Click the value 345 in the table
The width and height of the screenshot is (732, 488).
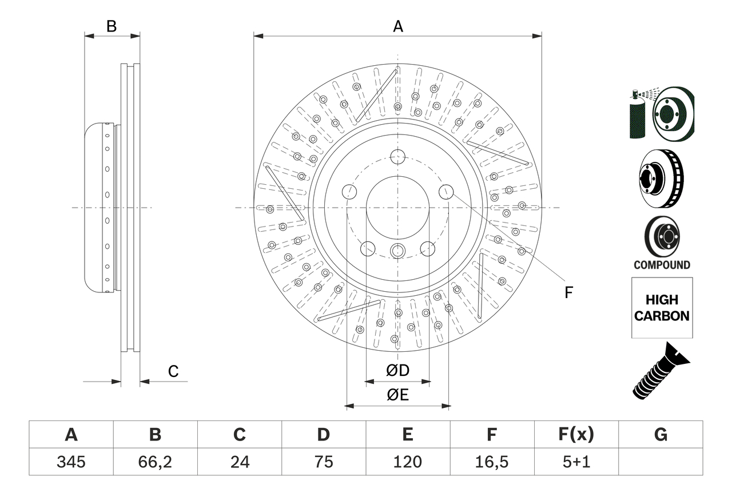tap(71, 462)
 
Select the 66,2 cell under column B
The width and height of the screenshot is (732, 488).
tap(155, 462)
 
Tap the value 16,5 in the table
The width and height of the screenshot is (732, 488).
tap(491, 462)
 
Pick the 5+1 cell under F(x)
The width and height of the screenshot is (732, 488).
tap(576, 462)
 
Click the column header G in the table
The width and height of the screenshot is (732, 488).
tap(661, 435)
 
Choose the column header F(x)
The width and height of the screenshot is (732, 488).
tap(576, 435)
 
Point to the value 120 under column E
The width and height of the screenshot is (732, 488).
tap(407, 462)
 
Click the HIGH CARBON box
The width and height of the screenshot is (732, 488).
tap(662, 308)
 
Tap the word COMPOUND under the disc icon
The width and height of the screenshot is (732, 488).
tap(662, 265)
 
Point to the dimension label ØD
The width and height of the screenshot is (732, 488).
tap(398, 371)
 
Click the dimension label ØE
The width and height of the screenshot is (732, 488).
tap(398, 395)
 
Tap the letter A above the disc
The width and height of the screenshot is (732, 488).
tap(398, 26)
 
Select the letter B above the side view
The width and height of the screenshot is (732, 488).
tap(112, 26)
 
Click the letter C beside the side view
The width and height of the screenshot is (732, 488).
tap(173, 372)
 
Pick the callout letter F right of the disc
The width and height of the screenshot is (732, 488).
tap(568, 292)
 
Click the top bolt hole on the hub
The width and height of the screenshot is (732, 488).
tap(397, 156)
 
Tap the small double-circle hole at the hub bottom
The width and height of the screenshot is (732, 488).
tap(397, 249)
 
